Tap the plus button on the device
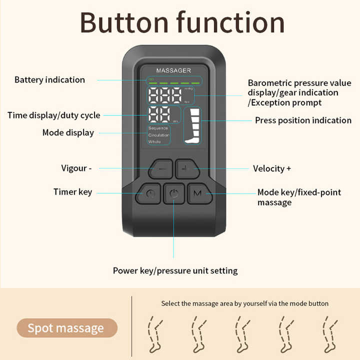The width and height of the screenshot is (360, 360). tap(186, 169)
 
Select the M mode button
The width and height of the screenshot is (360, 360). tap(197, 193)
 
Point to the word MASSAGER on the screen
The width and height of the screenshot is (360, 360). tap(173, 70)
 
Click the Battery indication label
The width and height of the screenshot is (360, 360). tap(49, 80)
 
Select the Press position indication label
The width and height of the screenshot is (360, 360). tap(303, 120)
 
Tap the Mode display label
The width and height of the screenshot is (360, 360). tap(68, 132)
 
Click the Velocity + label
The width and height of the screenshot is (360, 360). tap(272, 168)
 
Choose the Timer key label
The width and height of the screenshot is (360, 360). tap(73, 192)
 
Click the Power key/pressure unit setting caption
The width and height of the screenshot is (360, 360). tap(175, 271)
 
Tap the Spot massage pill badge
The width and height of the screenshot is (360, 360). tap(66, 328)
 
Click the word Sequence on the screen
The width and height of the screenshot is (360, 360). tap(158, 128)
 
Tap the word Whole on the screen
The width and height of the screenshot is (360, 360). tap(154, 142)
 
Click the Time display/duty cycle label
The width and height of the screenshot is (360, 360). tap(53, 115)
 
